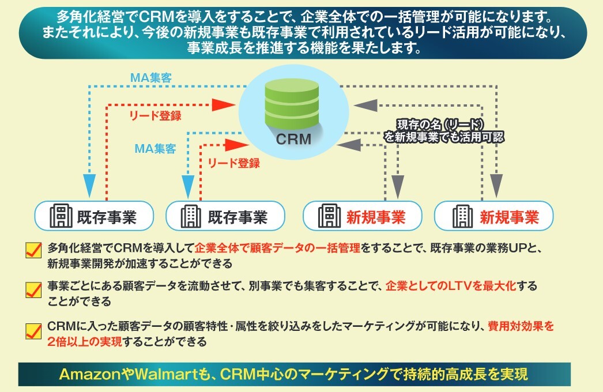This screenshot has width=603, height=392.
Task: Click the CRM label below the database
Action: [x=293, y=139]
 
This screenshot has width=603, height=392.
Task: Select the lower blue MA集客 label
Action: [x=155, y=148]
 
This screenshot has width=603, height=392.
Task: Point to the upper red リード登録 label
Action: [x=155, y=116]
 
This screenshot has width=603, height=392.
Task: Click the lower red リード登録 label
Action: [x=233, y=163]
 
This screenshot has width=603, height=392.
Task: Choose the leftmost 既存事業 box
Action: [x=95, y=217]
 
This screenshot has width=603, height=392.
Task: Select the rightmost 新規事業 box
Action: [x=493, y=217]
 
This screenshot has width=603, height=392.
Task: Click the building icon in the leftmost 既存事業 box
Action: [x=61, y=217]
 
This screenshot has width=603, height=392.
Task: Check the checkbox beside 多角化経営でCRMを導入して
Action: [x=33, y=250]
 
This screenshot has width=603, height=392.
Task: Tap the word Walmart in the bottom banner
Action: [x=158, y=374]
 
